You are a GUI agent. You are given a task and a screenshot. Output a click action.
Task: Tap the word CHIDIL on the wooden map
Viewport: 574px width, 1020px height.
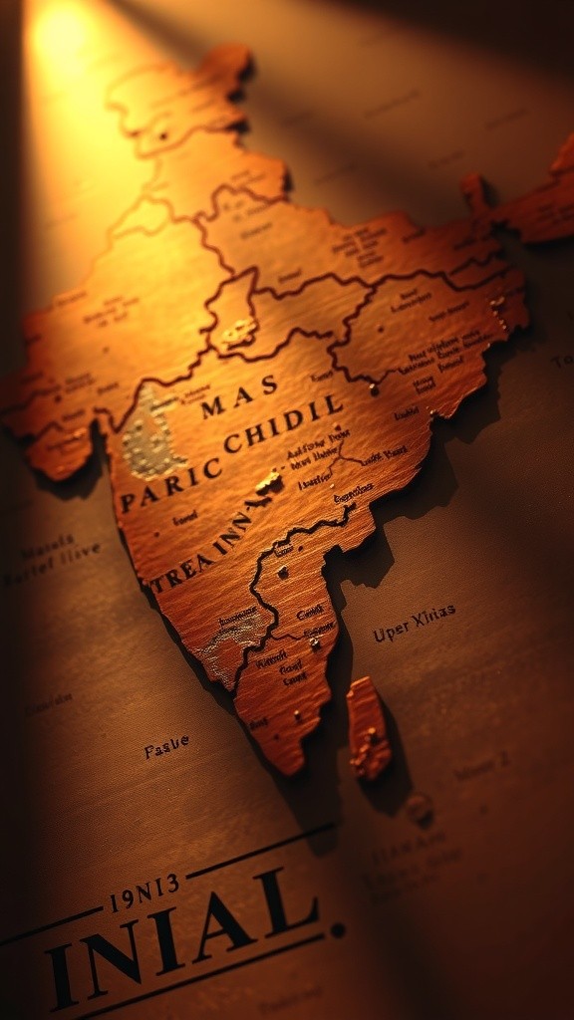pyautogui.click(x=283, y=424)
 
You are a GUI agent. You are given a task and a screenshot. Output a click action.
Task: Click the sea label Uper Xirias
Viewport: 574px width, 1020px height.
pyautogui.click(x=415, y=623)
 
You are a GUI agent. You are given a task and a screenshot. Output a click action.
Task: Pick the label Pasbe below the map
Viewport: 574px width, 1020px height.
pyautogui.click(x=166, y=746)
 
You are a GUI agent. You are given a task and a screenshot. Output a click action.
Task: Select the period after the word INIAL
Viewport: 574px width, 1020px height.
pyautogui.click(x=339, y=930)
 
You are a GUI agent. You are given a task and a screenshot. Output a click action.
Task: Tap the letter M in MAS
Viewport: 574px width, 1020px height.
pyautogui.click(x=213, y=406)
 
